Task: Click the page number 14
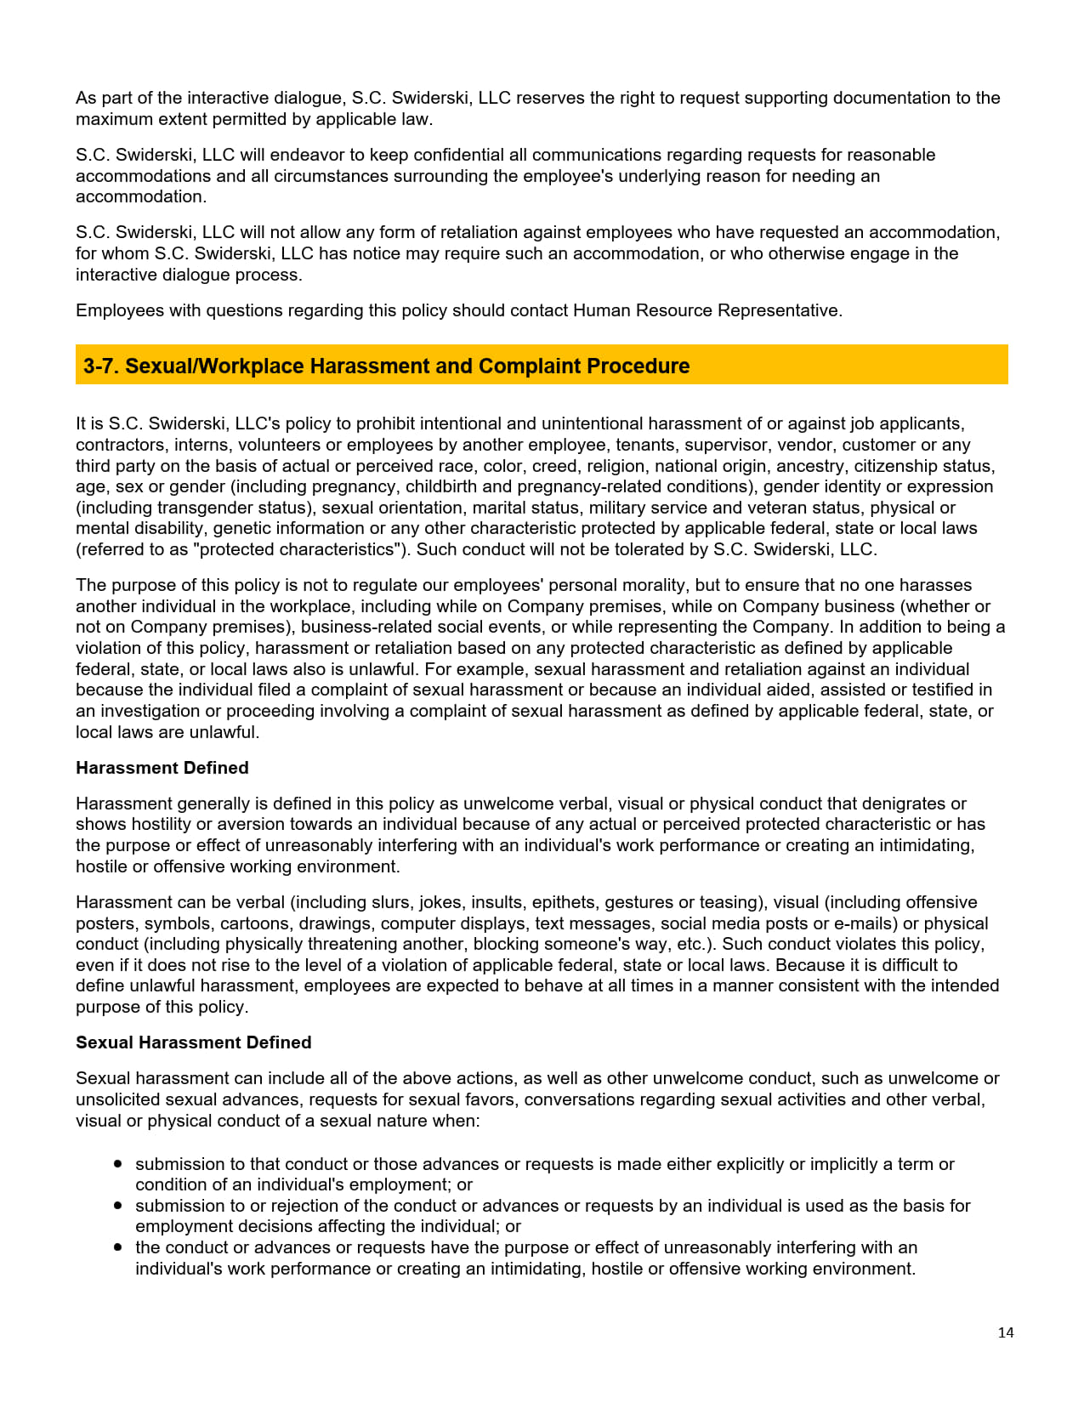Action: click(x=1005, y=1332)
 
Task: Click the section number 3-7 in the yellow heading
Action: click(x=101, y=366)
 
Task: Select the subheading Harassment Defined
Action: click(x=162, y=768)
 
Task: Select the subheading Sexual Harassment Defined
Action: click(x=193, y=1042)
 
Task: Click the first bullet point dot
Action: click(x=117, y=1164)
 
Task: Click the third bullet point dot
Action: click(x=117, y=1247)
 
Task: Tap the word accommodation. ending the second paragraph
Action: click(x=140, y=196)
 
